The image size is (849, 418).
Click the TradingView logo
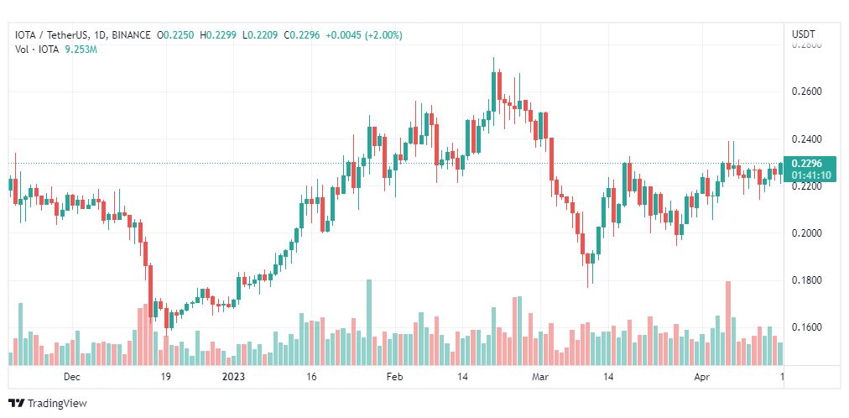[x=47, y=403]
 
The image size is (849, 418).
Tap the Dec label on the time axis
[x=72, y=377]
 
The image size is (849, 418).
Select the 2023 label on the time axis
[x=233, y=377]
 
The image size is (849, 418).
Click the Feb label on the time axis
[x=395, y=377]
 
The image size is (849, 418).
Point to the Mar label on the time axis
[x=541, y=377]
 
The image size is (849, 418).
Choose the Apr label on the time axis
[x=702, y=377]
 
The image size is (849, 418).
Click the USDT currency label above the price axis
[x=803, y=34]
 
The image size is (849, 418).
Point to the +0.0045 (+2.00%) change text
[x=365, y=35]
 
